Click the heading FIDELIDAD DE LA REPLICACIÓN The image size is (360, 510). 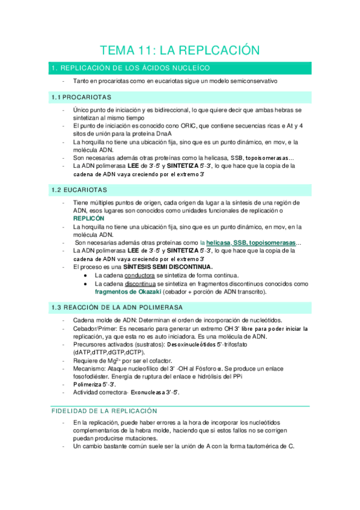[102, 411]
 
